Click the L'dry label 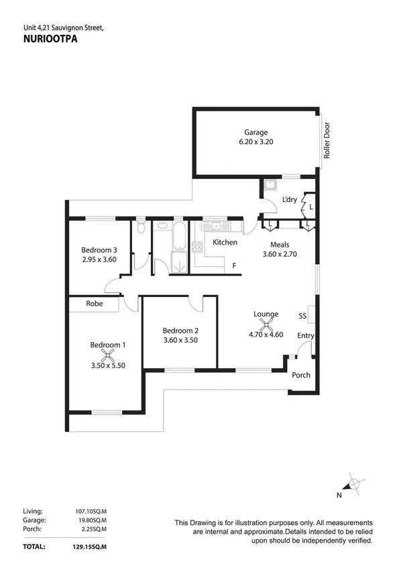click(290, 200)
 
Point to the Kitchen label click(225, 242)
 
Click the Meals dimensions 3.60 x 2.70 click(279, 254)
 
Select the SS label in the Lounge click(302, 315)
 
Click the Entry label click(306, 336)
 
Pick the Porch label click(301, 375)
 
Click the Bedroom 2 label click(180, 330)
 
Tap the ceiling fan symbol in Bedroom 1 click(107, 355)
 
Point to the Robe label click(94, 304)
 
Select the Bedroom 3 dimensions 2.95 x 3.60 click(99, 260)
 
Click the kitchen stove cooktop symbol click(198, 247)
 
